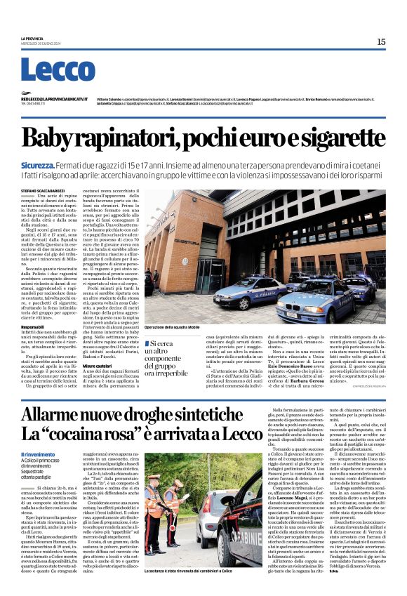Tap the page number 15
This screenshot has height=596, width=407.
[381, 42]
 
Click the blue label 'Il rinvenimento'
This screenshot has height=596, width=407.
[36, 454]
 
